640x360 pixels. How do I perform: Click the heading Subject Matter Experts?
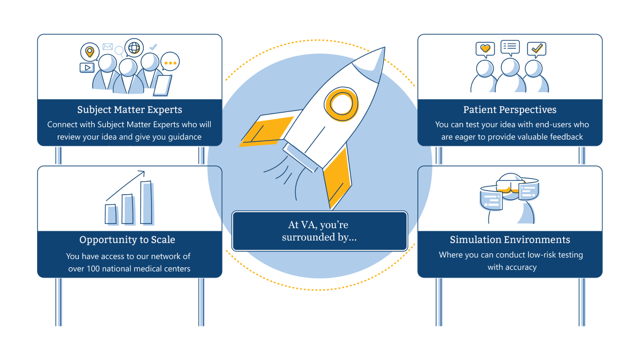click(129, 110)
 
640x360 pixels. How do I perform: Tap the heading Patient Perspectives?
click(510, 110)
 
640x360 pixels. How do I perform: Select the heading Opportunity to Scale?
click(127, 240)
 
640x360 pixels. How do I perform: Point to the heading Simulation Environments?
click(510, 240)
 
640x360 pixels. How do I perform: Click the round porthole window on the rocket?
click(341, 102)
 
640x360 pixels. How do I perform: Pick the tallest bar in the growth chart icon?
click(147, 202)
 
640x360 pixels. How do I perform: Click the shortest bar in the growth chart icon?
click(111, 214)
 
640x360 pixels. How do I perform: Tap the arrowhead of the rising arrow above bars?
click(142, 174)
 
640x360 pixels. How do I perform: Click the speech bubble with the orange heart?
click(485, 49)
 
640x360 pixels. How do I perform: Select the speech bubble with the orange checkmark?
click(537, 48)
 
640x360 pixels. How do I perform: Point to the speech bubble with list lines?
click(510, 47)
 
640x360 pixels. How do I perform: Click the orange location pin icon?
click(90, 52)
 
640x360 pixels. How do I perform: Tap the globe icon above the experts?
click(134, 48)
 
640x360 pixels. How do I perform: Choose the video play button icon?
click(87, 67)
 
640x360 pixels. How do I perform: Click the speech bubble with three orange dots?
click(170, 62)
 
